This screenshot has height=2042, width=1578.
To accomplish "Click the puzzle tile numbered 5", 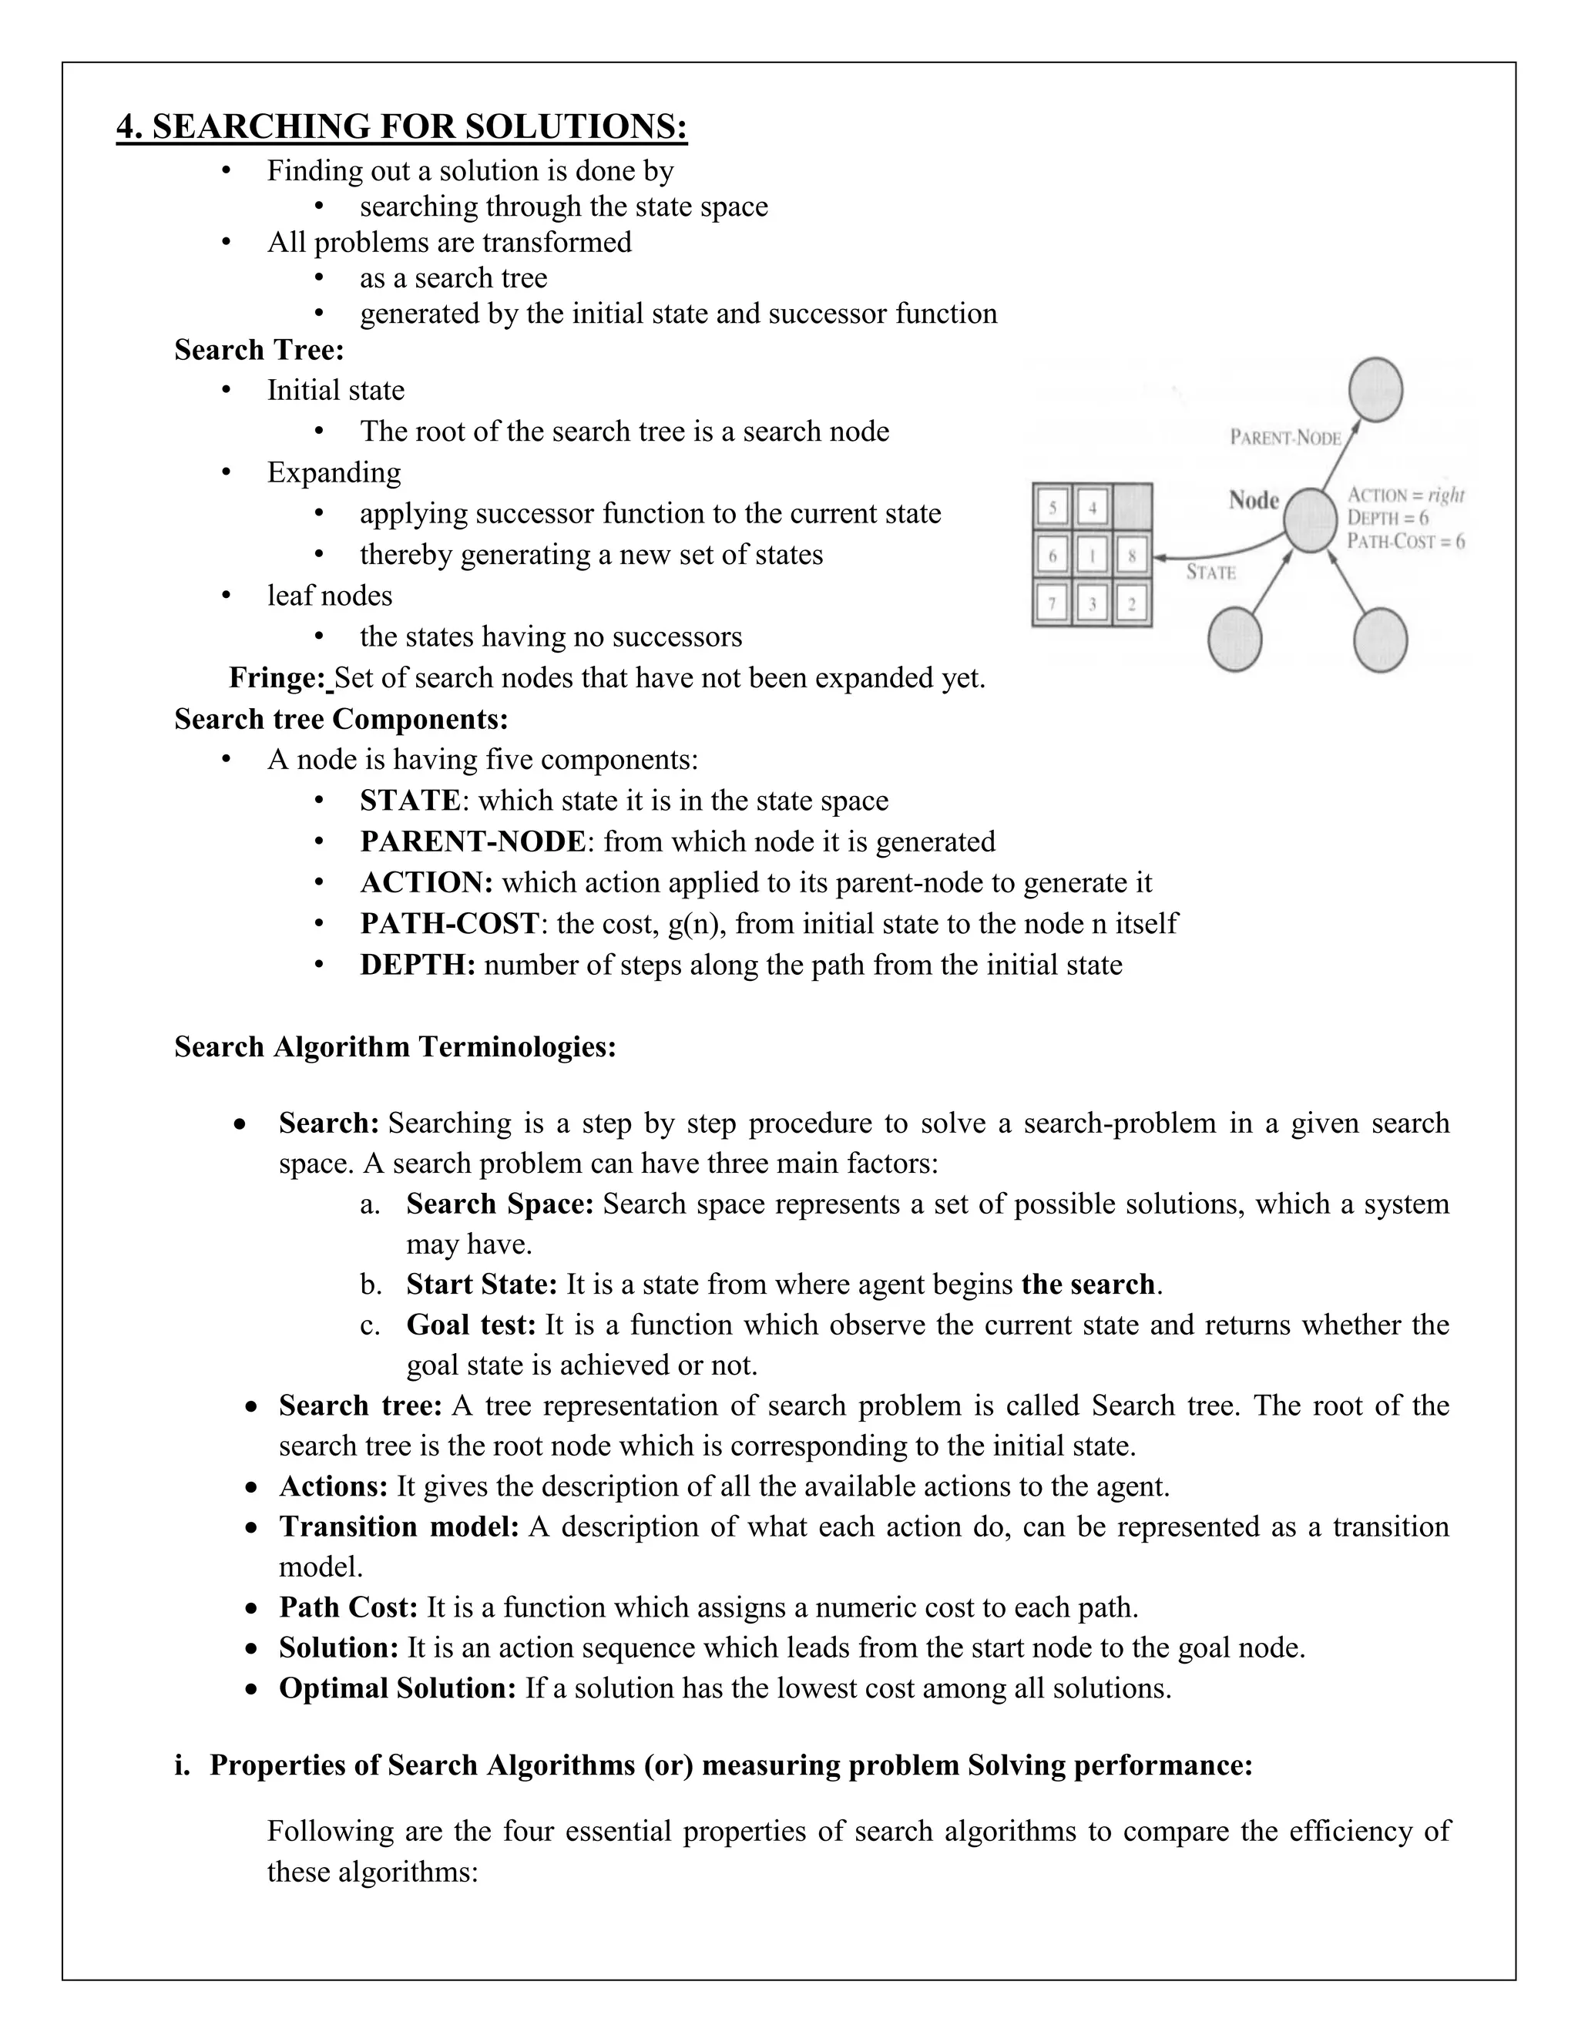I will point(1053,508).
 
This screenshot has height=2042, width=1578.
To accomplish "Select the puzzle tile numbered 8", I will point(1131,556).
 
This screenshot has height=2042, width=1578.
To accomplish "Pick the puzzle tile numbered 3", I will point(1092,604).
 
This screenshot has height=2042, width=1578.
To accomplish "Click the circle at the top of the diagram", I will point(1376,390).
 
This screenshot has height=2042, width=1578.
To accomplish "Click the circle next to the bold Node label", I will point(1311,521).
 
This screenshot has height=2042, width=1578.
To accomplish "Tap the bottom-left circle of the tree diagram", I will point(1235,640).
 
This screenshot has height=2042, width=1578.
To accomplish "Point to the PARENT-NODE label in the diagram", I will point(1284,438).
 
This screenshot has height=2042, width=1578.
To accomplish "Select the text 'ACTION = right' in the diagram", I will point(1405,495).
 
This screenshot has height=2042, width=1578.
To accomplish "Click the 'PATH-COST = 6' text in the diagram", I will point(1405,542).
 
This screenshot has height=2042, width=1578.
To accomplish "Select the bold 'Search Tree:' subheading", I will point(259,350).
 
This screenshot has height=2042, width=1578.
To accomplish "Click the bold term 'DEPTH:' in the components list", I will point(418,965).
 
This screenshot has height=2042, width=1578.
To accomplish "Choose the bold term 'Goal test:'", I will point(470,1325).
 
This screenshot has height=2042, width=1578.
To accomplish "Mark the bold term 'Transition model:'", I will point(398,1526).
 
